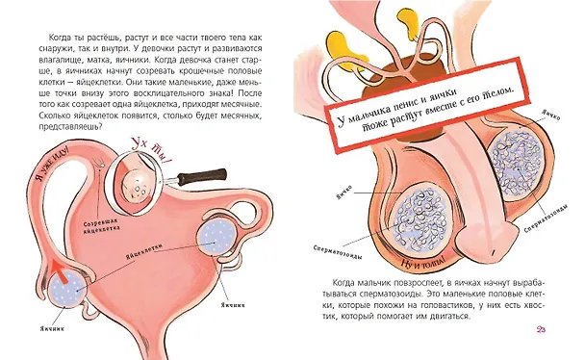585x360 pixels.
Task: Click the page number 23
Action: click(541, 329)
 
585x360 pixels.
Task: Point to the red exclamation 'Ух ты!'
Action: click(150, 151)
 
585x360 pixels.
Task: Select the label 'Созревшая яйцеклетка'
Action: click(101, 226)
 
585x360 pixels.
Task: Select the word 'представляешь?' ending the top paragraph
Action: click(69, 127)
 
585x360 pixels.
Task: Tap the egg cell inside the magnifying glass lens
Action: click(137, 186)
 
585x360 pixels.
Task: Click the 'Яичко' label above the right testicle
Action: click(551, 115)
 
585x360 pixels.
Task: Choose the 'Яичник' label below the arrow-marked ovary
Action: click(52, 328)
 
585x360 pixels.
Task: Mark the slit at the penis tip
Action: click(494, 253)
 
